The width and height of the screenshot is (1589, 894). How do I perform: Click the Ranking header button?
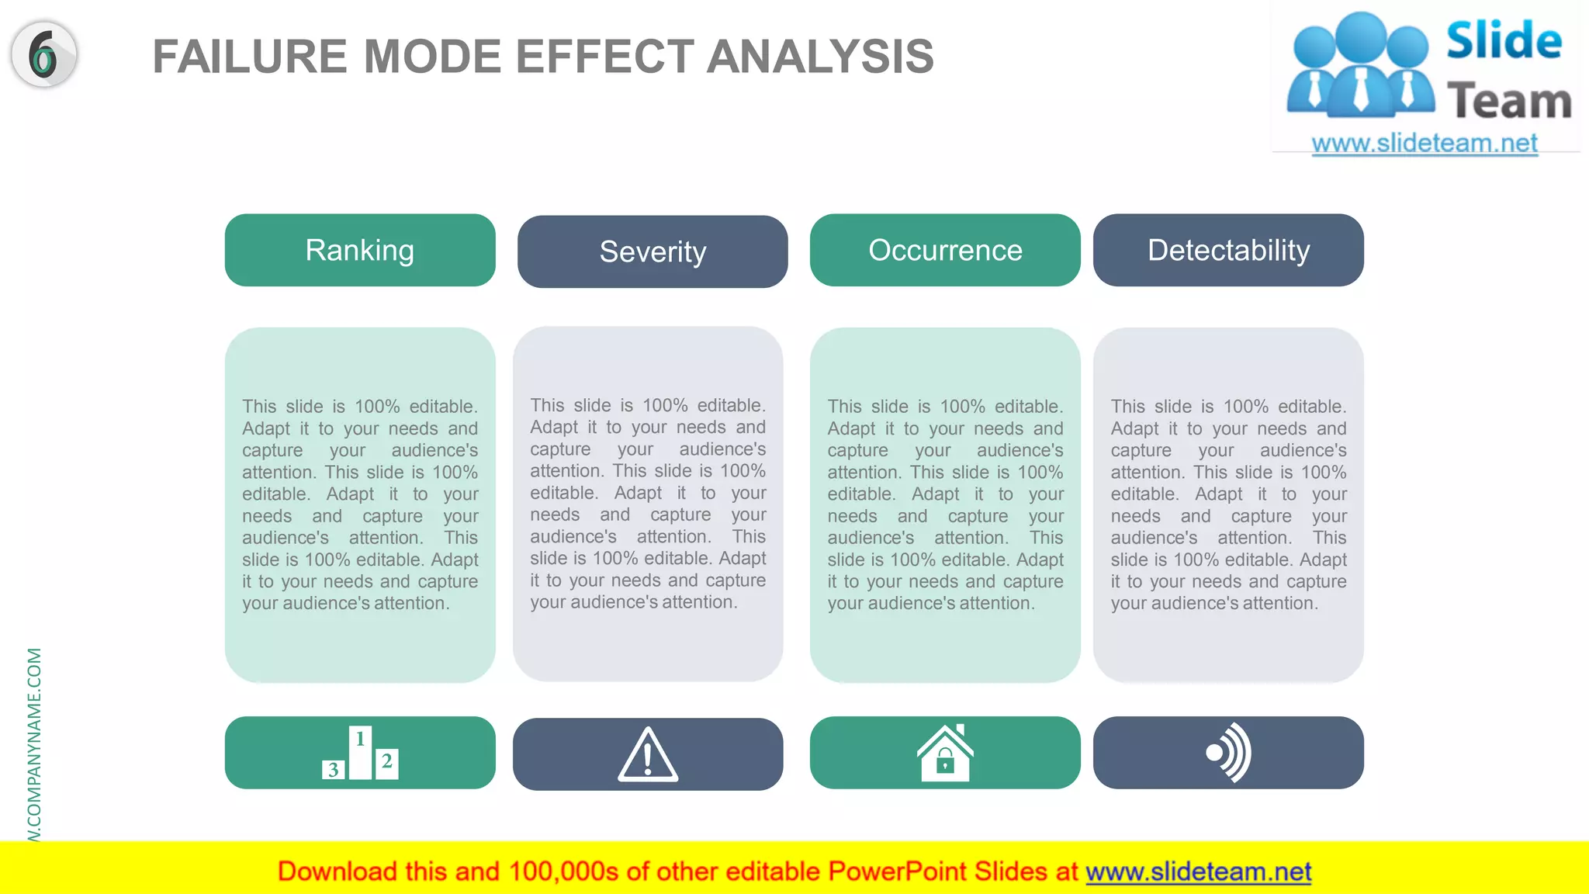[x=359, y=250]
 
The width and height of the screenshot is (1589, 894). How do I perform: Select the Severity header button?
[x=653, y=251]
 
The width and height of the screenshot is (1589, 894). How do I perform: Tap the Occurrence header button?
[x=945, y=250]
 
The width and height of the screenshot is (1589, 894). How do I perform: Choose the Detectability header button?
[x=1228, y=250]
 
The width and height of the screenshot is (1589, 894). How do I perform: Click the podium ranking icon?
[x=360, y=753]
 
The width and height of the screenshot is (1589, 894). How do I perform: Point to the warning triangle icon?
[x=648, y=754]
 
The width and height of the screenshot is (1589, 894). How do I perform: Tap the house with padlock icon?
[x=945, y=753]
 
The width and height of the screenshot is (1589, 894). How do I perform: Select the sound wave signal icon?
[x=1229, y=753]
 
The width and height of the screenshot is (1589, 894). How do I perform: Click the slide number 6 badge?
[x=44, y=54]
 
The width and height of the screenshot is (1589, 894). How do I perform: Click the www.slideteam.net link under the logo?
[x=1425, y=143]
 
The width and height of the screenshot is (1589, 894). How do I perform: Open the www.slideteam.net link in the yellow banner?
[x=1198, y=871]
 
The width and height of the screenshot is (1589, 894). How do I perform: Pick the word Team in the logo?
[x=1509, y=101]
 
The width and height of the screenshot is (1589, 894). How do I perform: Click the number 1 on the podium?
[x=360, y=739]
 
